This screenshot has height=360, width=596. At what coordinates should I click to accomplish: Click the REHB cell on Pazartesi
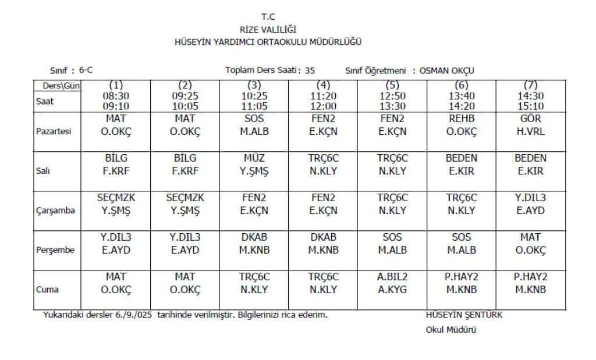coord(462,125)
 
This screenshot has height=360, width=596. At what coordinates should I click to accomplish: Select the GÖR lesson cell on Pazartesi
coord(530,125)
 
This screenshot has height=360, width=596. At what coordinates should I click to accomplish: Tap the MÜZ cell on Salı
coord(254,165)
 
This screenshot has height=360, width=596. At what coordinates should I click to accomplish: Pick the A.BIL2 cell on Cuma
coord(392,283)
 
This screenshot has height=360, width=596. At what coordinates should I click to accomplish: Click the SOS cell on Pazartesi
coord(254,125)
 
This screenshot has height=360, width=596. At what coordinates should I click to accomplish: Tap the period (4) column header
coord(324,85)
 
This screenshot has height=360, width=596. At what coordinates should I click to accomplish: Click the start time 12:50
coord(392,95)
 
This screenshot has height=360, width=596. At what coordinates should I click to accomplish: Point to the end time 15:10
coord(530,106)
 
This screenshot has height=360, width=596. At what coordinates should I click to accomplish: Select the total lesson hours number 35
coord(310,70)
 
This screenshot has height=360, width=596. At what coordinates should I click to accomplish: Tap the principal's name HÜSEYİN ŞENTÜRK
coord(464,315)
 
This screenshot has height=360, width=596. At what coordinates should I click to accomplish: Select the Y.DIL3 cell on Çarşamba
coord(530,204)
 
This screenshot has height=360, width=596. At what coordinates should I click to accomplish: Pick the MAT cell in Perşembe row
coord(530,244)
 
